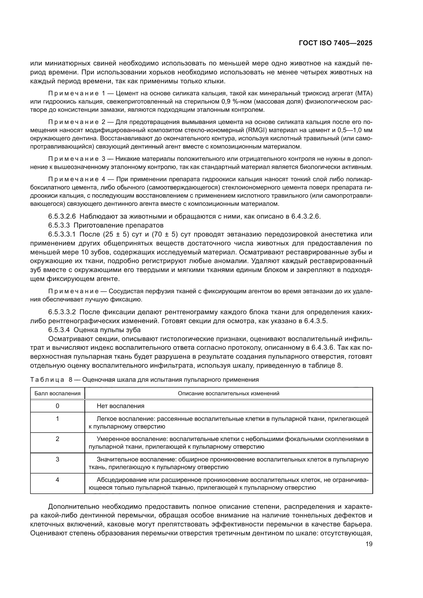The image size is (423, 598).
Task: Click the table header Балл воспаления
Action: tap(57, 393)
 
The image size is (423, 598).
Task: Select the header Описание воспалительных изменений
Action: tap(228, 393)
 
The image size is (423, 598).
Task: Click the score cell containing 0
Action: tap(57, 406)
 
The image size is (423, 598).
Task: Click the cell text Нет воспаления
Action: tap(120, 406)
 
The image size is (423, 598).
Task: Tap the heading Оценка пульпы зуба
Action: tap(107, 330)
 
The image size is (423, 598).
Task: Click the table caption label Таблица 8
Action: tap(51, 379)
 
